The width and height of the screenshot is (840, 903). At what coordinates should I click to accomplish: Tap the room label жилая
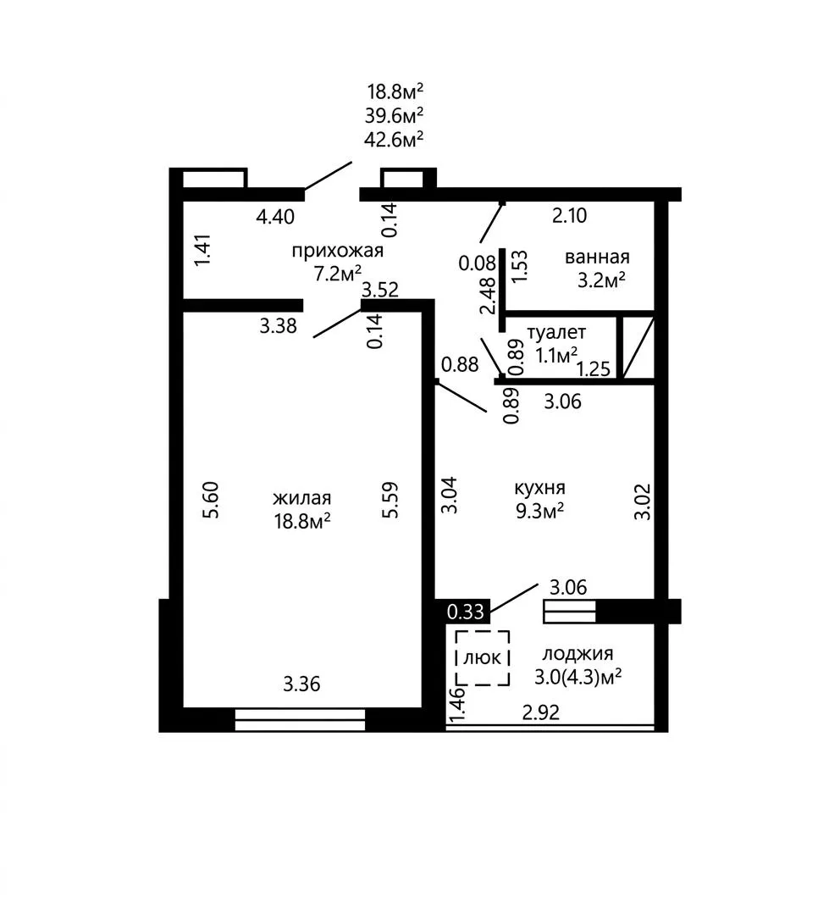[302, 498]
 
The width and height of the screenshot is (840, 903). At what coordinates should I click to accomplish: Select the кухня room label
[539, 489]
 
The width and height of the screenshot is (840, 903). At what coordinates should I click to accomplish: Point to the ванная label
[597, 257]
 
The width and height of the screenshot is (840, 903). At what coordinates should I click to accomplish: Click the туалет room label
[556, 333]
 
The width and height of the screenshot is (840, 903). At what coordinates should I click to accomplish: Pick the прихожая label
[337, 251]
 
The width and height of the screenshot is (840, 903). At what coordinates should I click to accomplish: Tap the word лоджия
[577, 654]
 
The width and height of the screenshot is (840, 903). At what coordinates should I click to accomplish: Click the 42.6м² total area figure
[394, 139]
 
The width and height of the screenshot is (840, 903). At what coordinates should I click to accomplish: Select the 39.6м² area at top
[394, 115]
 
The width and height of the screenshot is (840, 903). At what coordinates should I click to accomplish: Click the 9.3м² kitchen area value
[539, 511]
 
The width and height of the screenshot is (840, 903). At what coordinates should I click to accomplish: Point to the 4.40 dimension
[275, 217]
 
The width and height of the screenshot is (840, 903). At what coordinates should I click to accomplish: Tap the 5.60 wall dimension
[211, 500]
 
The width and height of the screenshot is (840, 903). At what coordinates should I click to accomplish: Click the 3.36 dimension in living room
[301, 684]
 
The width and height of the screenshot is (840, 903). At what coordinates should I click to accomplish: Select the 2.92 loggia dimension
[540, 713]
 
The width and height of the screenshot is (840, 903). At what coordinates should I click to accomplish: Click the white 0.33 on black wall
[465, 612]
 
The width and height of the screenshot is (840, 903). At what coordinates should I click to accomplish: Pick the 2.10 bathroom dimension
[569, 215]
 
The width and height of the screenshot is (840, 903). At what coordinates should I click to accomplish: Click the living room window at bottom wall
[300, 720]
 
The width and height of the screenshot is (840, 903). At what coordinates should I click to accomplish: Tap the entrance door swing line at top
[328, 175]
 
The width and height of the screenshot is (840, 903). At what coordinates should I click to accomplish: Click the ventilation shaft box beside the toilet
[638, 347]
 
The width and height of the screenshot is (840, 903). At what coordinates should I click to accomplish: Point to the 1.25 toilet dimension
[593, 368]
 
